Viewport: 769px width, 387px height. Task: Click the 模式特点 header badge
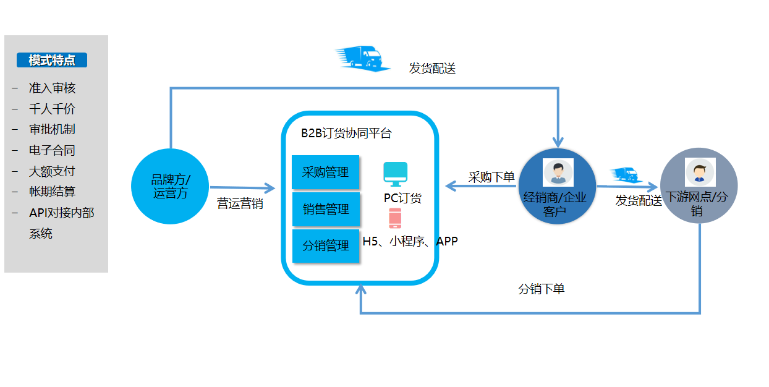(52, 60)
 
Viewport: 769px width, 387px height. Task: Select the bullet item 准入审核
(52, 88)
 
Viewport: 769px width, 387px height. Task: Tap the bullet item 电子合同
(52, 150)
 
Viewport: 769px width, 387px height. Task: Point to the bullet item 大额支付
(52, 171)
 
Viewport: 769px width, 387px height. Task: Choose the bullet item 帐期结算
(52, 192)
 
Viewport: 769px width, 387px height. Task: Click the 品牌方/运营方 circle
(170, 186)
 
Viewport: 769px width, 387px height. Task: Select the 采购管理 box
(325, 172)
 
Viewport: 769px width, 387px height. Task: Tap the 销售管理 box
(325, 209)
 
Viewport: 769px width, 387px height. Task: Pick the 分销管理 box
(325, 246)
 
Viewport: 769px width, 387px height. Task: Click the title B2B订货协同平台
(346, 134)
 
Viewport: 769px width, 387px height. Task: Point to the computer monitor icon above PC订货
(396, 174)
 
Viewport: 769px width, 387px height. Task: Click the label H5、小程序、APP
(410, 241)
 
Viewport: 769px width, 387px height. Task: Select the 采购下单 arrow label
(491, 177)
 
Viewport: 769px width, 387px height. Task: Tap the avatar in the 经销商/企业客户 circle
(558, 172)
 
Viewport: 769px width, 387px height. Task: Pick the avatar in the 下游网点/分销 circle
(699, 172)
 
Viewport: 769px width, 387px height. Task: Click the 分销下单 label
(541, 289)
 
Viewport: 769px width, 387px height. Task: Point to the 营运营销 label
(240, 203)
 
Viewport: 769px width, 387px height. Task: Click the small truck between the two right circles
(626, 175)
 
